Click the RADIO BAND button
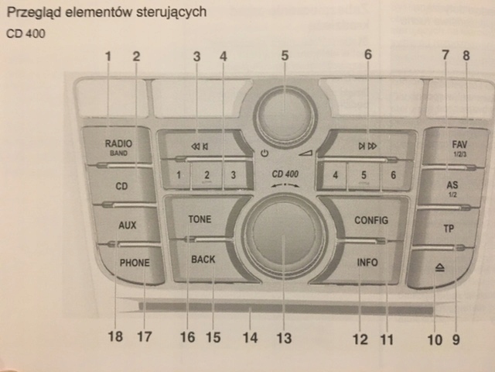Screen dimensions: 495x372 point(120,146)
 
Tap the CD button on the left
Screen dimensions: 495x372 point(121,187)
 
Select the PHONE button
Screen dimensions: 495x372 point(134,263)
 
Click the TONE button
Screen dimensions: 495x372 point(200,219)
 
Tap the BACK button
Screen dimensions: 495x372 point(203,260)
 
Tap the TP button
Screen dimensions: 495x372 point(448,229)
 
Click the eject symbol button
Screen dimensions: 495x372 point(439,267)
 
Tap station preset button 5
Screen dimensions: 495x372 point(363,176)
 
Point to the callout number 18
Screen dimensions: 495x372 point(115,337)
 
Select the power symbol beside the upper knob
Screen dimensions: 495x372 point(265,153)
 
